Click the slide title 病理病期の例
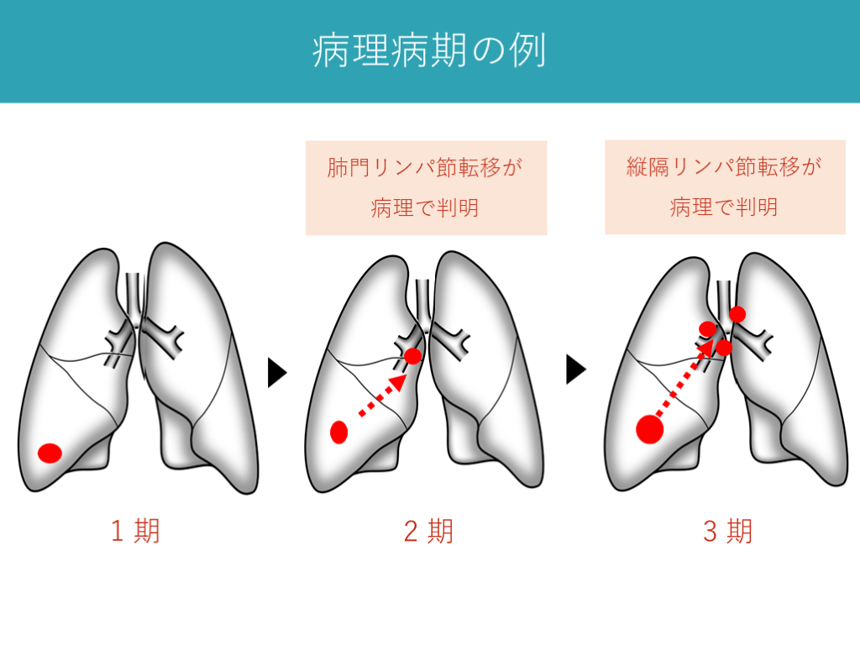pos(429,51)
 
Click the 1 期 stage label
pos(135,531)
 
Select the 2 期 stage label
pos(428,531)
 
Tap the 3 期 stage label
pos(727,531)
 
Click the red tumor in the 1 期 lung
pos(50,453)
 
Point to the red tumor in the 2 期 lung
pos(339,432)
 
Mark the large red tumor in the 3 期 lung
pos(649,429)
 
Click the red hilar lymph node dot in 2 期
pos(412,356)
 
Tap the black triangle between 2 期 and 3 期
pos(575,370)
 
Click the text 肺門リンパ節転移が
pos(425,167)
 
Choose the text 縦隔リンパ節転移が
pos(724,166)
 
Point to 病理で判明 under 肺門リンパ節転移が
pos(425,207)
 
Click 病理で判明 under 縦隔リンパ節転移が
pos(724,207)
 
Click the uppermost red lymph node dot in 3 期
pos(737,314)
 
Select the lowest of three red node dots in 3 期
pos(724,347)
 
